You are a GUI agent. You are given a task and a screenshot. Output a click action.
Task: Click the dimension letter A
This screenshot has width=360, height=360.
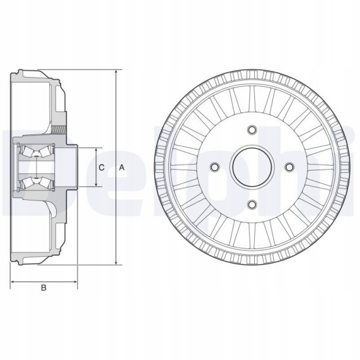pos(122,167)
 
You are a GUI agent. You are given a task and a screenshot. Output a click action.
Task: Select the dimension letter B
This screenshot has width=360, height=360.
pos(43,287)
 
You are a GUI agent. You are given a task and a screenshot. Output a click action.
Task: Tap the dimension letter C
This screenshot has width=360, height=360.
pos(102,167)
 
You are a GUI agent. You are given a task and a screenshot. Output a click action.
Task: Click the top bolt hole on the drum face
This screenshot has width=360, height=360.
pos(251,130)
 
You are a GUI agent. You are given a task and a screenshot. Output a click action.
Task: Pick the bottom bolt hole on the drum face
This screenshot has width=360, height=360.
pos(251,204)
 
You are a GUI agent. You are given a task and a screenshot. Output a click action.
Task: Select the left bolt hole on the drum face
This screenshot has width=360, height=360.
pos(214,167)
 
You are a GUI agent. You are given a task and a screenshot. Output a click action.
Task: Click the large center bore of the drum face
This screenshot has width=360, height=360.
pos(251,167)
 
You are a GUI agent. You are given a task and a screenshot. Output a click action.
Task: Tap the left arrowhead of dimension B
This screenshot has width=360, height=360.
pos(13,282)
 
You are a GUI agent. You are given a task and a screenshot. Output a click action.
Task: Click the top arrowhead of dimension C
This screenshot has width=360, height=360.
pos(95,150)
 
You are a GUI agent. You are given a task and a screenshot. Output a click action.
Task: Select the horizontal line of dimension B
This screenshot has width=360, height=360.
pos(43,282)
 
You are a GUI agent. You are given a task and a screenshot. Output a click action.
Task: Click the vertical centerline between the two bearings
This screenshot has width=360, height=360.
pos(35,166)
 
